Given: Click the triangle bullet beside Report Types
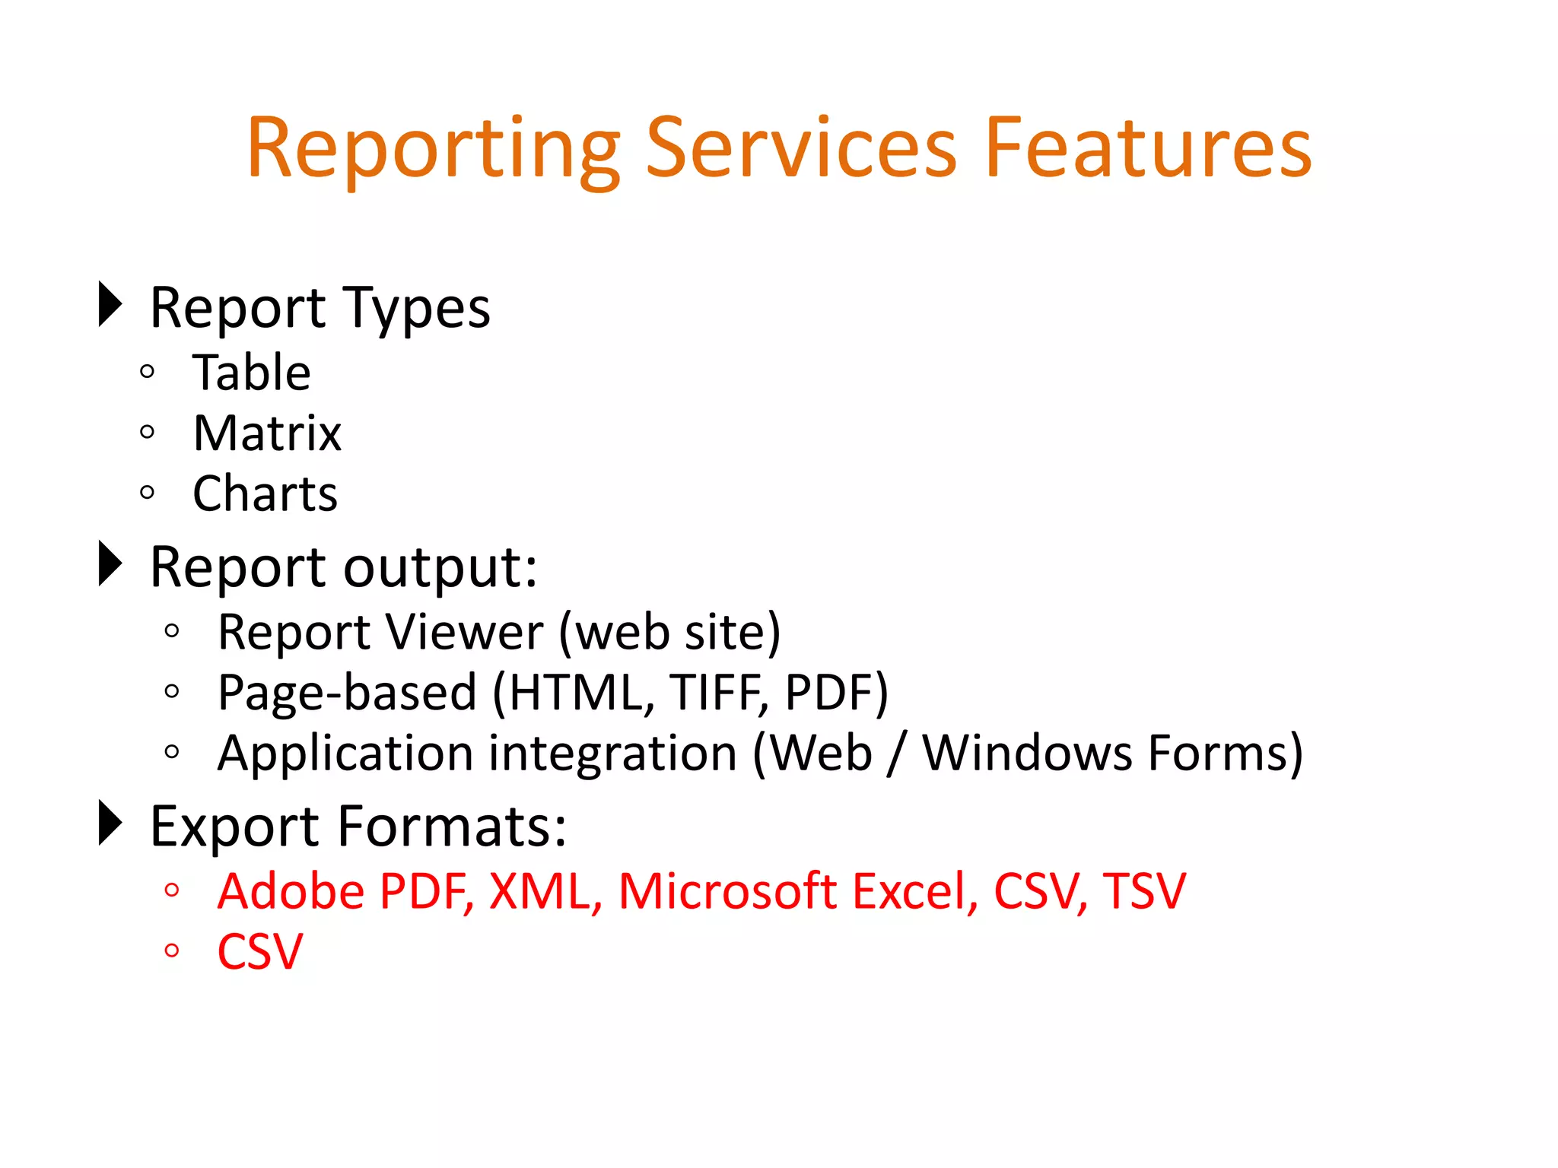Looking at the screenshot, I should coord(110,304).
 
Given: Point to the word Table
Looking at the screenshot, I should coord(252,373).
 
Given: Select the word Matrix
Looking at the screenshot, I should coord(267,433).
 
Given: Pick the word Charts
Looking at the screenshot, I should coord(265,494).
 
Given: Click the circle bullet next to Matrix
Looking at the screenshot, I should coord(148,433).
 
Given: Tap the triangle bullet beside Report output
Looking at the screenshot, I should coord(110,563).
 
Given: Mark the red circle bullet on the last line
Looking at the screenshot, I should coord(172,950).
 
